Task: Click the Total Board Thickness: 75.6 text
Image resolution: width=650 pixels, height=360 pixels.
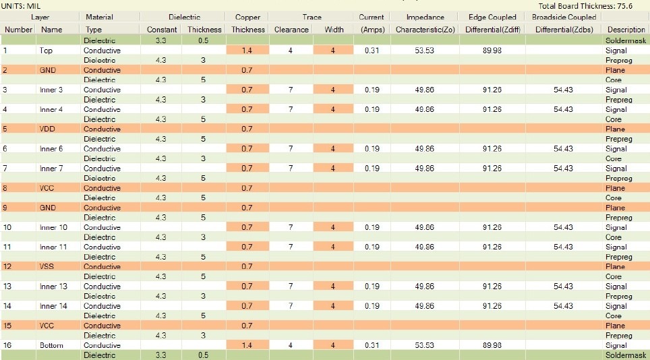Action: [593, 5]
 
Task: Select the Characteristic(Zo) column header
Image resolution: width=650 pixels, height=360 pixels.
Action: [425, 30]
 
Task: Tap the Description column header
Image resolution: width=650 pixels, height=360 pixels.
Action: [626, 30]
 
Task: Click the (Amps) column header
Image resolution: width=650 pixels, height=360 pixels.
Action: [372, 30]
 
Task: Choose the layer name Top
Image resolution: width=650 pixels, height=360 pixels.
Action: [46, 51]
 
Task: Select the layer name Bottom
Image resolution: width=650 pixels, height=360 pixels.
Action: [51, 345]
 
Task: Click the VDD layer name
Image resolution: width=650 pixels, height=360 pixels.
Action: [48, 129]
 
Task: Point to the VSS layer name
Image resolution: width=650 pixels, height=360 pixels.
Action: [47, 266]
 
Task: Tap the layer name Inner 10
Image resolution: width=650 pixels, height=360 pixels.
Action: [53, 227]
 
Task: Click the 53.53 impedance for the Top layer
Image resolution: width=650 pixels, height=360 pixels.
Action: [424, 51]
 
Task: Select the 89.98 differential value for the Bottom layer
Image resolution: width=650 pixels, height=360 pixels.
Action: [492, 345]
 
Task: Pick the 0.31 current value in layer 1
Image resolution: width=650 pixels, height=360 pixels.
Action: [372, 51]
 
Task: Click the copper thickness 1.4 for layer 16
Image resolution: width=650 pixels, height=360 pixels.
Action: [247, 345]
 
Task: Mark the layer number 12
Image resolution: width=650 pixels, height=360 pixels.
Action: [8, 266]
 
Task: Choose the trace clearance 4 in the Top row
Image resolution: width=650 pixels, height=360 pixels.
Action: [291, 51]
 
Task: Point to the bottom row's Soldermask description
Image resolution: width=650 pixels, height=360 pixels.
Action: [626, 355]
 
